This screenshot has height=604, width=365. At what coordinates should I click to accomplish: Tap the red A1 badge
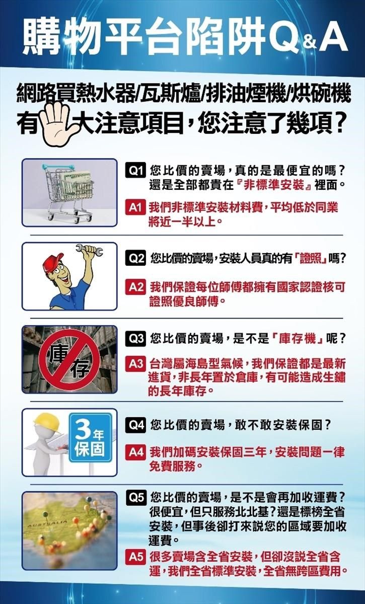click(x=134, y=207)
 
